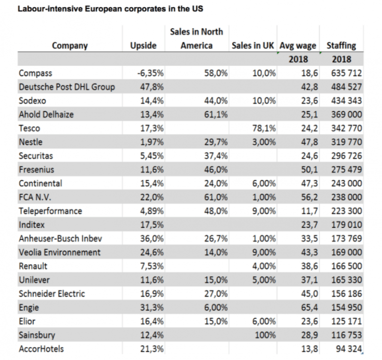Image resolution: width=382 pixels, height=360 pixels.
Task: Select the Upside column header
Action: point(143,45)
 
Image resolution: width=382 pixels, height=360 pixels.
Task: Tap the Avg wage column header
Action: point(298,45)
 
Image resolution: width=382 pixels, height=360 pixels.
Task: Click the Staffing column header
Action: point(341,45)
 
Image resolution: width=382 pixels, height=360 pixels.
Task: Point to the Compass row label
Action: point(35,73)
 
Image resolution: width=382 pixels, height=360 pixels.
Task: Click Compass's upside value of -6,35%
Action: point(150,73)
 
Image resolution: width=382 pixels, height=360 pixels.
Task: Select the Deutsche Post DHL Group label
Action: point(67,87)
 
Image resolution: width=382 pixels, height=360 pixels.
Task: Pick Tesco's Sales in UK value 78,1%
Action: point(264,128)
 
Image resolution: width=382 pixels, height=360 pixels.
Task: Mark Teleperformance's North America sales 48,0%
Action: point(216,211)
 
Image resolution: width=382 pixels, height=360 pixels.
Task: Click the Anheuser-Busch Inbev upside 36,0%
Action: point(153,239)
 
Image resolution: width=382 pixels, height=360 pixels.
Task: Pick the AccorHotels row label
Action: point(41,349)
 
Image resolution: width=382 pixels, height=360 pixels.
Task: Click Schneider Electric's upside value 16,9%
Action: point(153,294)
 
